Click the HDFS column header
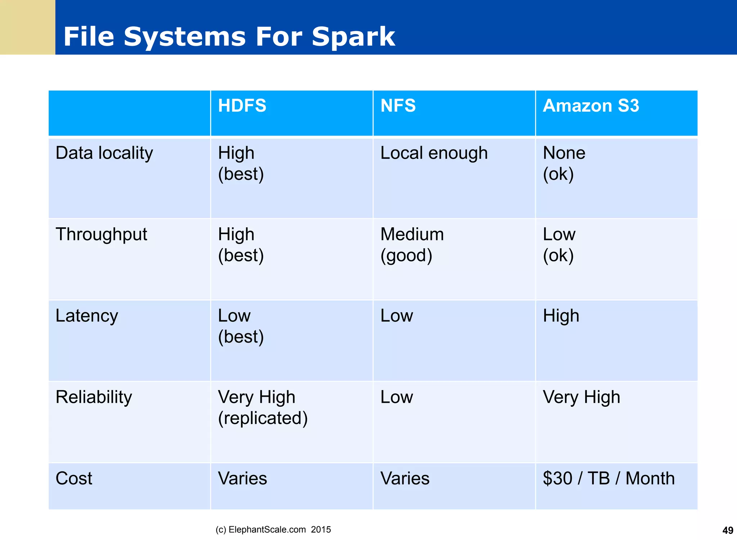tap(242, 106)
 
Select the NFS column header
tap(398, 106)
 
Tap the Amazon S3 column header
tap(591, 106)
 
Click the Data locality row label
tap(104, 153)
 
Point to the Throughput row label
tap(101, 235)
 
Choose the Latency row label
tap(87, 316)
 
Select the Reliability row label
tap(94, 397)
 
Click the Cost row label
tap(74, 479)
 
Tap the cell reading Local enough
tap(434, 153)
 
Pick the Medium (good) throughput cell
tap(412, 245)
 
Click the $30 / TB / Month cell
tap(609, 479)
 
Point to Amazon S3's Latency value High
tap(561, 316)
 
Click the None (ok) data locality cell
tap(564, 163)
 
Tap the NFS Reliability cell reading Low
tap(397, 397)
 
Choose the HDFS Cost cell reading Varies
tap(243, 479)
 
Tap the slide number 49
tap(728, 530)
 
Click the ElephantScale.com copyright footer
tap(273, 530)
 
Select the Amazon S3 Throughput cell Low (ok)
tap(559, 245)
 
